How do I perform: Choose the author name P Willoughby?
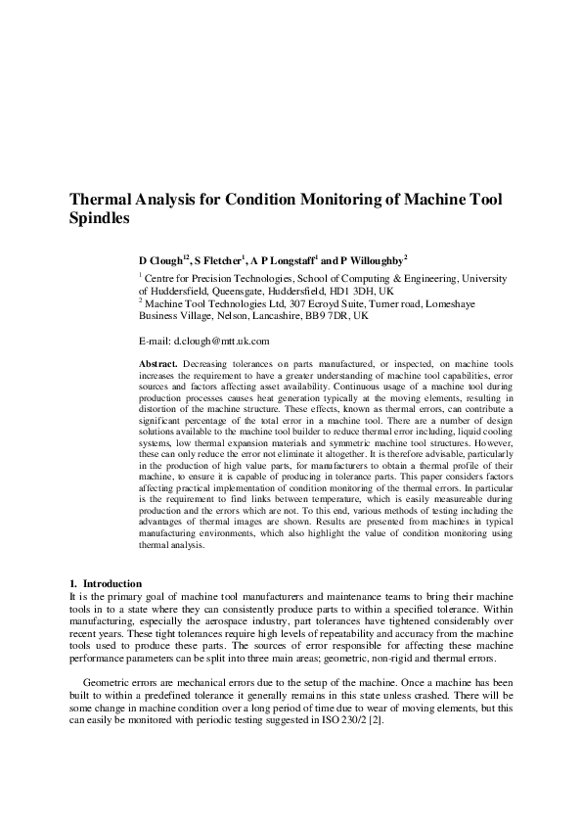[370, 261]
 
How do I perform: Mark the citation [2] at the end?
[376, 720]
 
